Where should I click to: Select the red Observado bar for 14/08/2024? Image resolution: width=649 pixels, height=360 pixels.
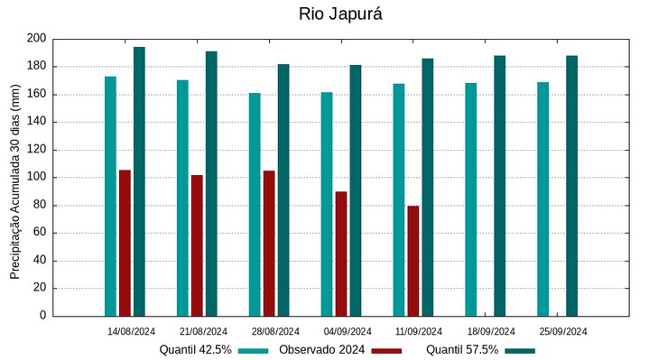pos(125,243)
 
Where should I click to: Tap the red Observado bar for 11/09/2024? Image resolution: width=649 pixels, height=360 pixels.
pos(413,261)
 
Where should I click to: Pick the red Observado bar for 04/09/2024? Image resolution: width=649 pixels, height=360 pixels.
pos(341,254)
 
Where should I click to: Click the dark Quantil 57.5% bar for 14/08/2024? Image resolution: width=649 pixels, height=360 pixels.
pos(139,181)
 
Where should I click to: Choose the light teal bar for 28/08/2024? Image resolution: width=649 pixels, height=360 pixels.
pos(255,204)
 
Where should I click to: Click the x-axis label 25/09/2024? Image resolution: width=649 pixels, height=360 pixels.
pos(563,331)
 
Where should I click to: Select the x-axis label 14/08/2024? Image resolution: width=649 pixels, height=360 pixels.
pos(131,331)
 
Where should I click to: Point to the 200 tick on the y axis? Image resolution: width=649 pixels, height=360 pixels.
pos(36,39)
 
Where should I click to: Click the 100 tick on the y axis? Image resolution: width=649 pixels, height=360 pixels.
pos(36,178)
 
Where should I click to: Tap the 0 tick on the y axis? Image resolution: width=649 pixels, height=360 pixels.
pos(42,317)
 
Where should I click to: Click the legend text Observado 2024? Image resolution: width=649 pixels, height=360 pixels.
pos(321,350)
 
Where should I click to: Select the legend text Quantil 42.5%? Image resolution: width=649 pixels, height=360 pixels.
pos(196,350)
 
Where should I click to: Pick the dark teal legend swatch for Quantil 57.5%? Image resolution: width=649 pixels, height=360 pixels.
pos(520,350)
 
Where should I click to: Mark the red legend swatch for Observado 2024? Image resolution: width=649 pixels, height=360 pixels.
pos(386,350)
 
